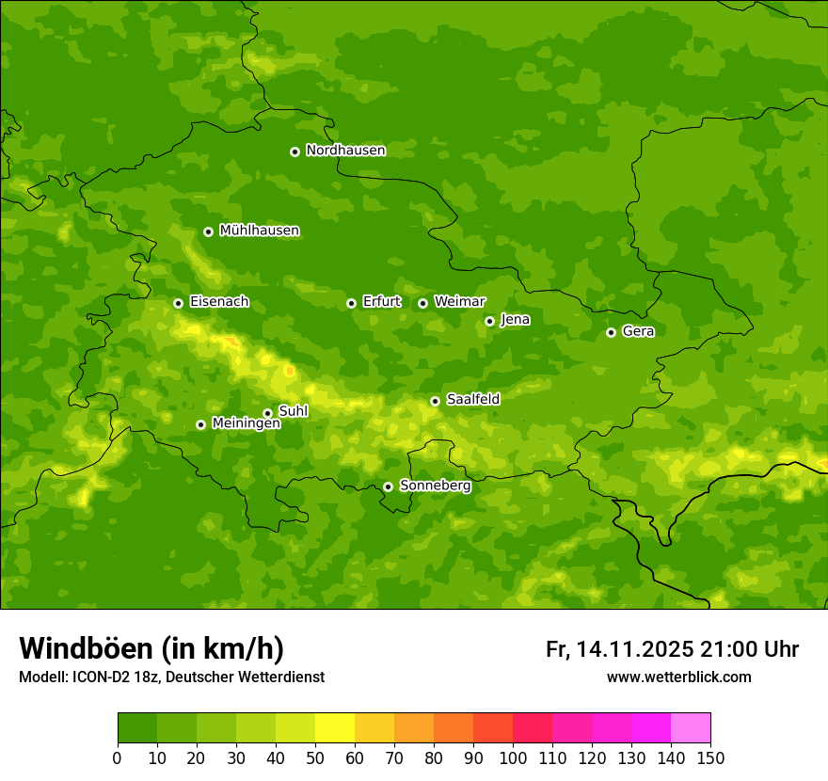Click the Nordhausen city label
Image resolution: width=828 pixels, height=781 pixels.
point(345,151)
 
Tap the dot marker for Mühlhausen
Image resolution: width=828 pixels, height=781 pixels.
point(208,231)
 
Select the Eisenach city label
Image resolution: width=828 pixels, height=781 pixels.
point(219,302)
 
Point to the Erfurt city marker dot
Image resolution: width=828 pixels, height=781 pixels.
point(351,303)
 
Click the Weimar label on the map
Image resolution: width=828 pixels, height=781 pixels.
point(459,301)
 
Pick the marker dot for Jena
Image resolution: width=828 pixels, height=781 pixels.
point(489,321)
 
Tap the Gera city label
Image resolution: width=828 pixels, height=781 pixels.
point(638,331)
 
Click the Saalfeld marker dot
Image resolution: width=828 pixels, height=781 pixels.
point(435,401)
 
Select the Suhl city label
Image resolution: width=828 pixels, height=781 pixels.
point(294,411)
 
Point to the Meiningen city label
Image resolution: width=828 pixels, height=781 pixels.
point(246,423)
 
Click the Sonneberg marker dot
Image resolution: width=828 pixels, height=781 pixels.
point(388,486)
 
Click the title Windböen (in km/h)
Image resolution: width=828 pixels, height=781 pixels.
point(151,648)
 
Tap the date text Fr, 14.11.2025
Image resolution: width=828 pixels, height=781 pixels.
point(619,649)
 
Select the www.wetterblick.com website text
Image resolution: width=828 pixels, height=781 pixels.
point(678,677)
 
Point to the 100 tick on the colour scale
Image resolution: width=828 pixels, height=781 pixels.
point(513,757)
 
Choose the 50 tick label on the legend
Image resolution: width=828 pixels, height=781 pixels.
point(315,757)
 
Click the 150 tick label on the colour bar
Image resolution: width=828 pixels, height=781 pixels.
point(710,757)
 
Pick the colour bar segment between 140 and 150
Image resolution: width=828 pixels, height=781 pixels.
point(691,727)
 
